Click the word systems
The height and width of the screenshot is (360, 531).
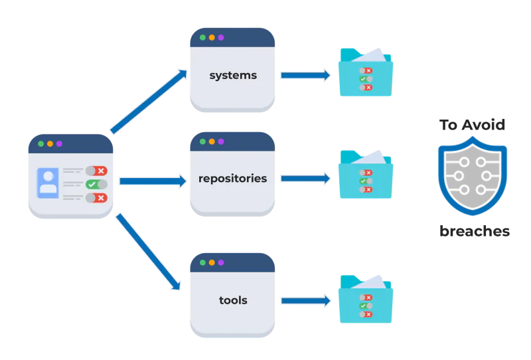tap(232, 75)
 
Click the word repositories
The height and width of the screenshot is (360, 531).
tap(232, 178)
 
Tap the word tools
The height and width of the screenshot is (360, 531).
tap(232, 300)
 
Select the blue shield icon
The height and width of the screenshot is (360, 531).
tap(473, 175)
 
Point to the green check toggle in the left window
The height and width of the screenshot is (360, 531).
tap(96, 185)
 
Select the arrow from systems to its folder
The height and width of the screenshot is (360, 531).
tap(305, 75)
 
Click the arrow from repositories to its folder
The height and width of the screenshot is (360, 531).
tap(305, 178)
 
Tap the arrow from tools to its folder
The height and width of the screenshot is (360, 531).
tap(305, 301)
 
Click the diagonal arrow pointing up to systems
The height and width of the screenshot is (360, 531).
tap(149, 102)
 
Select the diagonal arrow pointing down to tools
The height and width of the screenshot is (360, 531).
tap(148, 252)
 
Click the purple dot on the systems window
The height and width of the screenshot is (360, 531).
tap(221, 37)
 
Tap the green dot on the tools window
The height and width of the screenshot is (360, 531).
tap(202, 262)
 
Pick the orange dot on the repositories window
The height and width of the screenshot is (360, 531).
tap(212, 141)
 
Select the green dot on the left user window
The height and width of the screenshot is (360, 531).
tap(40, 143)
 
